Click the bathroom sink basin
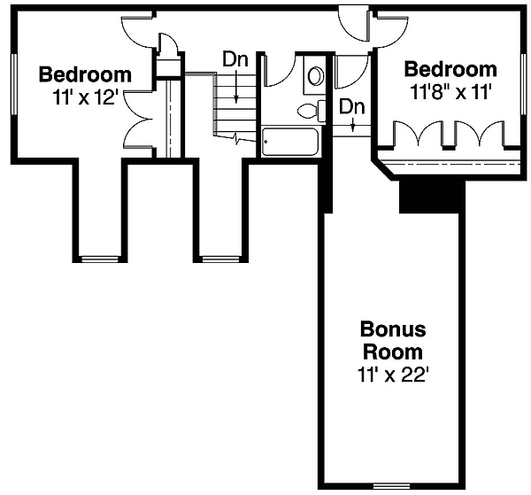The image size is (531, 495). click(x=315, y=76)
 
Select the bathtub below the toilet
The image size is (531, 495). click(x=290, y=142)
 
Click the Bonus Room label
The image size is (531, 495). click(x=393, y=341)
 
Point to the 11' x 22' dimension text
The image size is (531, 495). click(x=393, y=375)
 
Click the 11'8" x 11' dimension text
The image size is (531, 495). click(x=450, y=91)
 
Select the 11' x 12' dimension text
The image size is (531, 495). click(x=85, y=97)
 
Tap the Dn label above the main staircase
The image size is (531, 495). click(x=235, y=59)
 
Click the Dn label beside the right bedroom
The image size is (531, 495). click(x=352, y=107)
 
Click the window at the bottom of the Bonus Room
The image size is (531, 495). click(x=391, y=486)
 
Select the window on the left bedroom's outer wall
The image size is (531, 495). click(x=14, y=84)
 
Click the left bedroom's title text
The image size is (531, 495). click(x=85, y=74)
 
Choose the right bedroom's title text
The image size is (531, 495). click(x=450, y=69)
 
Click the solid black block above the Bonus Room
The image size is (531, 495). click(x=433, y=197)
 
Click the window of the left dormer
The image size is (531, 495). click(x=100, y=259)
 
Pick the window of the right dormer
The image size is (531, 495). click(x=220, y=259)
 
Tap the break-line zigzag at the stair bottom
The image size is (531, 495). click(x=237, y=138)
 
